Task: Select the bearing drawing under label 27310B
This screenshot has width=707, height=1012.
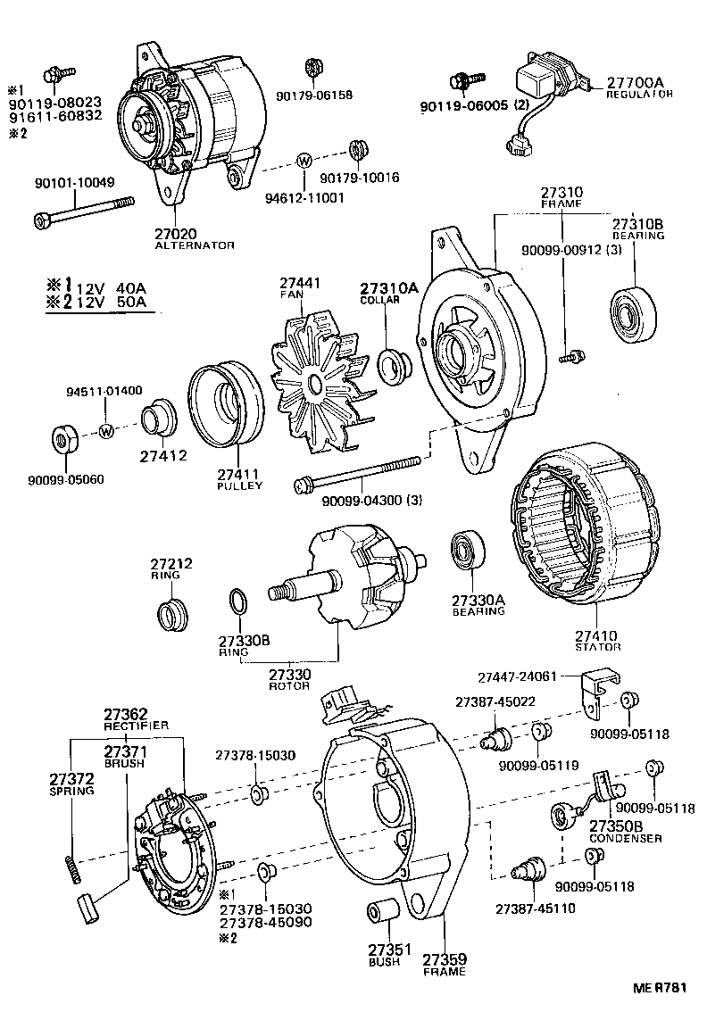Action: [633, 313]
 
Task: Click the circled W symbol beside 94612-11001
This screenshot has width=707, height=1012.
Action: [304, 162]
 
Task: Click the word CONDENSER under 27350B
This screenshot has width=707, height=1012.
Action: [626, 838]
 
